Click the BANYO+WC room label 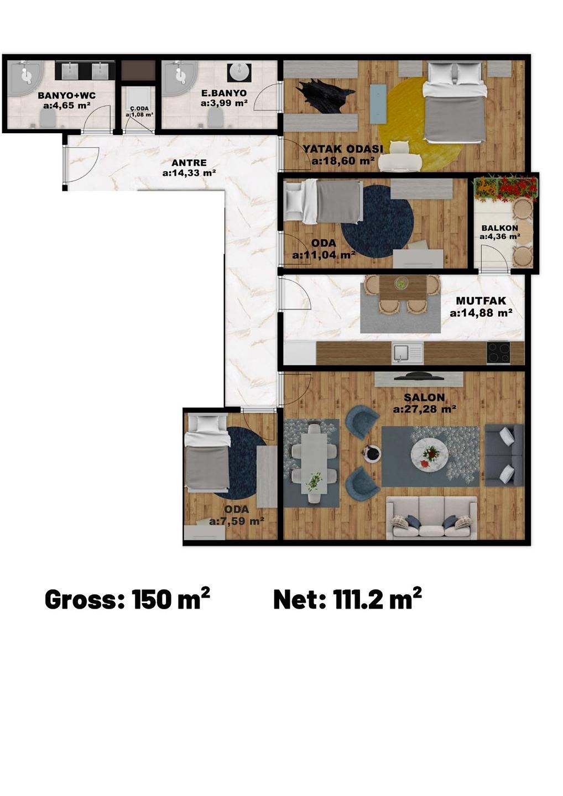(x=66, y=96)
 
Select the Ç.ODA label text (x=139, y=108)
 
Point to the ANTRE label (x=189, y=163)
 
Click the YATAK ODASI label (x=343, y=149)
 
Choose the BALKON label (x=500, y=228)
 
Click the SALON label (x=424, y=397)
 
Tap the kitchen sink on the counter (x=408, y=353)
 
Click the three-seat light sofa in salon (x=431, y=517)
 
